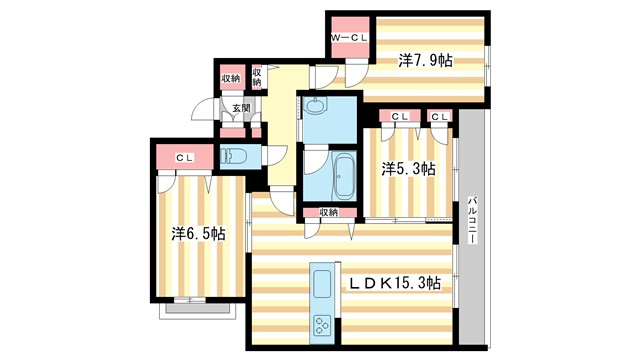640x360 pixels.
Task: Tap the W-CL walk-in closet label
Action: pos(351,38)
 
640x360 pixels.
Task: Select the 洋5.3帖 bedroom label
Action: pos(408,169)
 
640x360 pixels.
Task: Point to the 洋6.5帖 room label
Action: pos(197,234)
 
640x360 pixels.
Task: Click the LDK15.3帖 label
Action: pos(394,284)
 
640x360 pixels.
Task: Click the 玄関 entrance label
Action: pos(241,108)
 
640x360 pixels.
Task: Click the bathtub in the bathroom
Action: pos(343,177)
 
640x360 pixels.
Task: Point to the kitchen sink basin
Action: pos(324,281)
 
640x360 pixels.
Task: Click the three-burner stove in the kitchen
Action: pos(324,324)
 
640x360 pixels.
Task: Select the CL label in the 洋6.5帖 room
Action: pos(184,157)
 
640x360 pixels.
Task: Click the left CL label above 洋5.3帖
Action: pos(399,117)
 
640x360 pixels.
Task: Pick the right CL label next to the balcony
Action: pos(439,117)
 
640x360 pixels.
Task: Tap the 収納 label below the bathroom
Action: pos(329,212)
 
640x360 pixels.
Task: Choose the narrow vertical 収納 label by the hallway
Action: pos(257,76)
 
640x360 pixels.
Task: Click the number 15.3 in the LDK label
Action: pos(410,284)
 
